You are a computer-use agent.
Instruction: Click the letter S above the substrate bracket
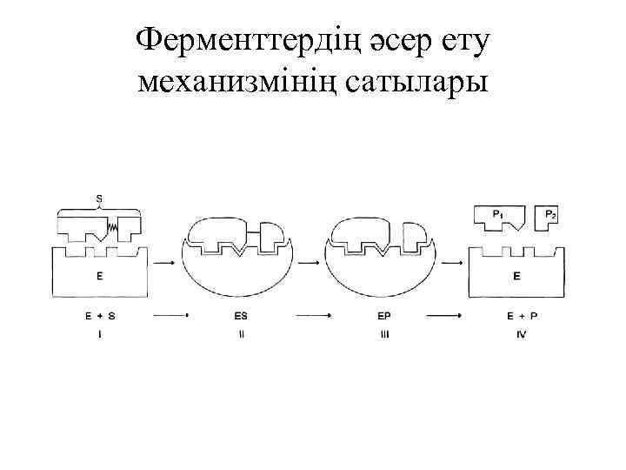tap(98, 198)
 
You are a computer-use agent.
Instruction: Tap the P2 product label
tap(550, 213)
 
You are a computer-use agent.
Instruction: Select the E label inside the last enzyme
tap(517, 277)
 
